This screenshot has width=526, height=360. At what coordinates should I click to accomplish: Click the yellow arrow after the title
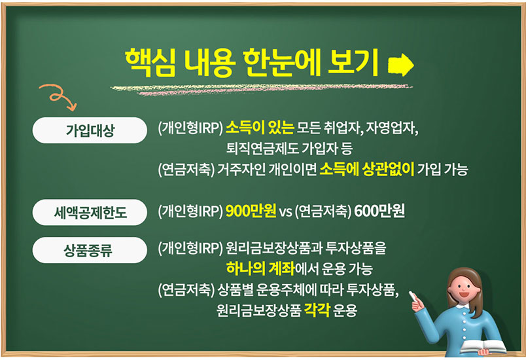(x=400, y=65)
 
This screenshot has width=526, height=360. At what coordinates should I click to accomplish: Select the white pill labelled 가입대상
(x=90, y=130)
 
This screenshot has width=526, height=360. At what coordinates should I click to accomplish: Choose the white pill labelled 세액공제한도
(x=90, y=212)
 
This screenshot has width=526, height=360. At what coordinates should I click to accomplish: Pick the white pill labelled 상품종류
(x=90, y=250)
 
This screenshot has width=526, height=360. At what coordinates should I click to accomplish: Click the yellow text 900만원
(x=251, y=211)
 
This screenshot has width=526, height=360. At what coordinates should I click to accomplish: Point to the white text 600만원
(x=379, y=211)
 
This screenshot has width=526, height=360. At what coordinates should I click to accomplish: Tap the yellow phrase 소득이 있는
(x=260, y=128)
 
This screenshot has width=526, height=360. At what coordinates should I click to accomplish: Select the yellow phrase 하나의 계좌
(x=260, y=268)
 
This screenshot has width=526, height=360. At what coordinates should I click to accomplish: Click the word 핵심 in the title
(x=150, y=62)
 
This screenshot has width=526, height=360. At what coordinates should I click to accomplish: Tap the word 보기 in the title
(x=353, y=62)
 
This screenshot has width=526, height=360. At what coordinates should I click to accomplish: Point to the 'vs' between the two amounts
(x=285, y=212)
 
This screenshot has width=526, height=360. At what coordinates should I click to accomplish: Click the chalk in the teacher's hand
(x=412, y=296)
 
